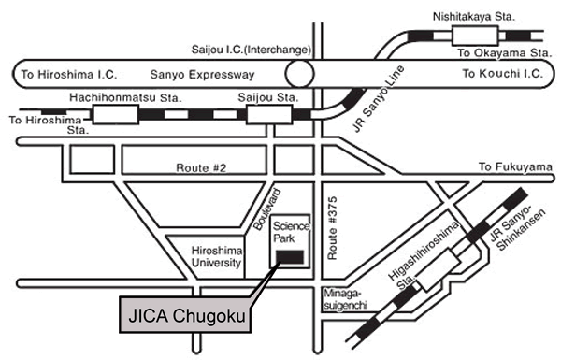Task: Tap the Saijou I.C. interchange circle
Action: click(x=301, y=73)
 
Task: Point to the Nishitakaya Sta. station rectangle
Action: click(x=476, y=35)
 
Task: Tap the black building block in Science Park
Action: click(x=289, y=256)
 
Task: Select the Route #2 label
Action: click(x=199, y=169)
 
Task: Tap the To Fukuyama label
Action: click(x=511, y=167)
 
